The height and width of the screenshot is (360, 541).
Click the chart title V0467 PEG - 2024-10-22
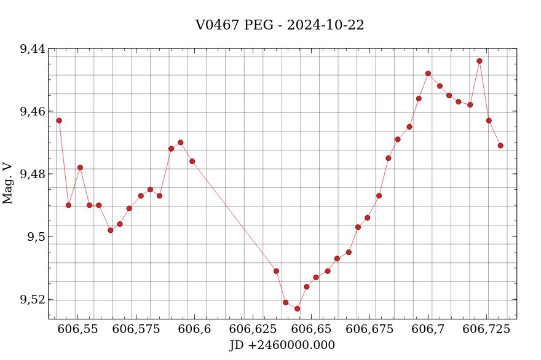pyautogui.click(x=280, y=25)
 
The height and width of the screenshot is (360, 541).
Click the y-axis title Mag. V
pyautogui.click(x=8, y=183)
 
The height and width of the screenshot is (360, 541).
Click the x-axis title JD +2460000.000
pyautogui.click(x=282, y=345)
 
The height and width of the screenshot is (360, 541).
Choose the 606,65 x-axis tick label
pyautogui.click(x=312, y=329)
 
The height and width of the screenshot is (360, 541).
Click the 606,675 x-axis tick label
pyautogui.click(x=370, y=329)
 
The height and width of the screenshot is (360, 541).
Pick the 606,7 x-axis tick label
pyautogui.click(x=428, y=329)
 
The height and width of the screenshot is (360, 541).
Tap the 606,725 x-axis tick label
pyautogui.click(x=487, y=329)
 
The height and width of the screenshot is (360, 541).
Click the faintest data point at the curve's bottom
pyautogui.click(x=297, y=308)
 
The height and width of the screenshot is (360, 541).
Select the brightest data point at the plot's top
pyautogui.click(x=480, y=61)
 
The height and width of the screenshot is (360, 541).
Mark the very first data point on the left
pyautogui.click(x=59, y=120)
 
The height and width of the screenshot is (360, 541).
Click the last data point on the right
pyautogui.click(x=500, y=146)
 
